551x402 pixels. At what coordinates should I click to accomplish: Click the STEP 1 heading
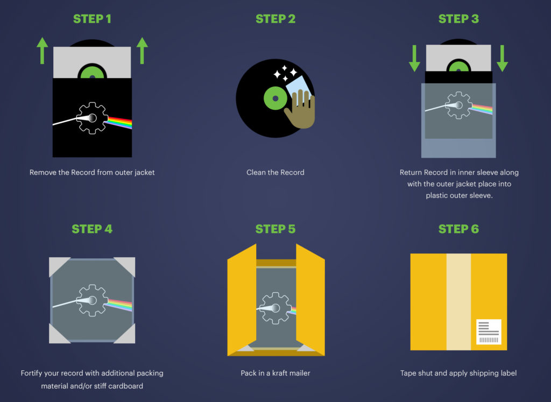92,19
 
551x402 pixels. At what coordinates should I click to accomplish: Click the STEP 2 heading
275,19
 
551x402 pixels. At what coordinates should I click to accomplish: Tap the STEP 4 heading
92,229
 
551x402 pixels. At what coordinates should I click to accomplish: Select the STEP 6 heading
458,229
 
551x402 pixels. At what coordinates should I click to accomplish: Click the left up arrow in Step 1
43,51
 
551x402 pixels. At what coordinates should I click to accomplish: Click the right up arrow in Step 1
142,51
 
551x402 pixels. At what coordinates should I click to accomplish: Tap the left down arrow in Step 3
414,59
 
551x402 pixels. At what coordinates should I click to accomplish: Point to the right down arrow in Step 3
502,59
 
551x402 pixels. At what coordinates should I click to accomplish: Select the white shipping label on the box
489,332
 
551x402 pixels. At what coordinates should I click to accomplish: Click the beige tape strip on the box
458,301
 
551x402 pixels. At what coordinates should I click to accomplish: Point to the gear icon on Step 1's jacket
91,118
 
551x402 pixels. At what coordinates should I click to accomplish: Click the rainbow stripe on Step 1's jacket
119,123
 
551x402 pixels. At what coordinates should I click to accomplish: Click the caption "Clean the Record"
275,173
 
